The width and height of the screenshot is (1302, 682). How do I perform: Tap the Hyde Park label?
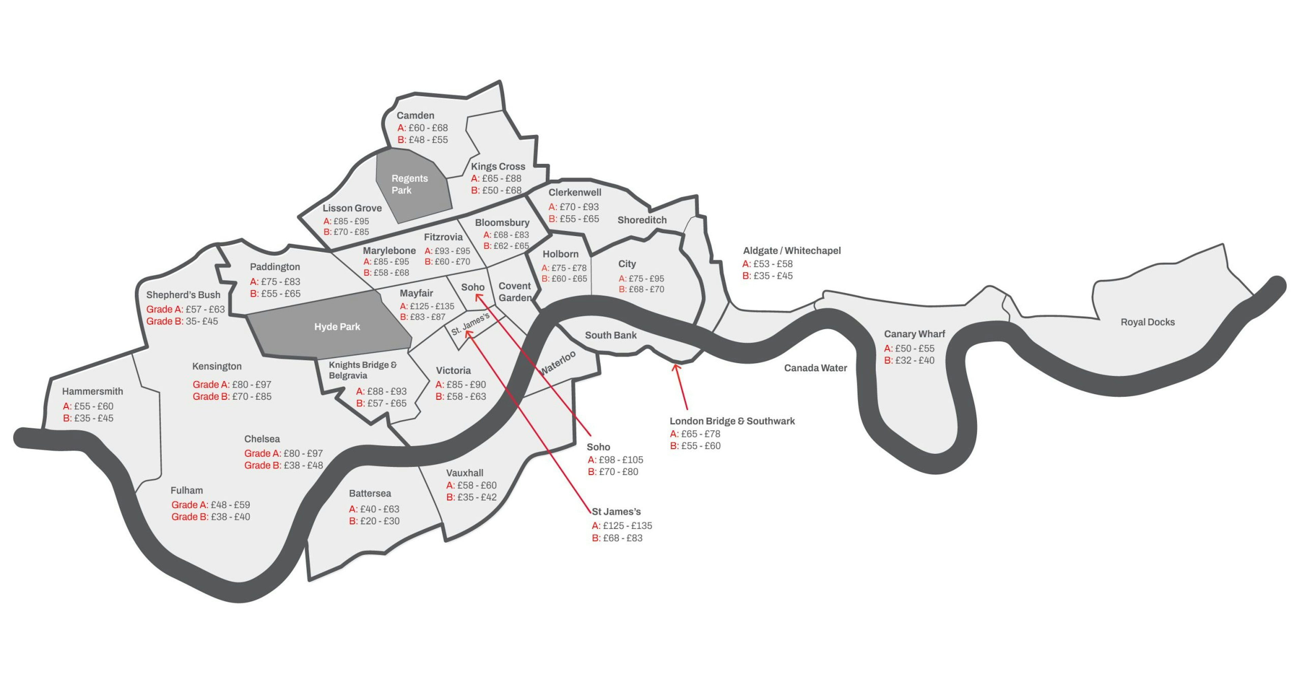(337, 327)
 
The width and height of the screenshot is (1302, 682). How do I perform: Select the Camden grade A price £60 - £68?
(422, 128)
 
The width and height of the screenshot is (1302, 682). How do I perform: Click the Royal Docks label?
(1147, 322)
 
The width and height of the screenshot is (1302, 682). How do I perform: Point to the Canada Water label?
(815, 368)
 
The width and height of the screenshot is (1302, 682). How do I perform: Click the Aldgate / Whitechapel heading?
(791, 250)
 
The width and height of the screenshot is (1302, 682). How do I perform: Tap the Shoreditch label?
(642, 220)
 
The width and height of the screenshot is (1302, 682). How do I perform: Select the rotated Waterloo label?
(557, 362)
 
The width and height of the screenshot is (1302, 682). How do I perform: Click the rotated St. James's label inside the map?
(470, 324)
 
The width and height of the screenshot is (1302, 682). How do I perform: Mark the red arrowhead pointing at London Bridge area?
(676, 367)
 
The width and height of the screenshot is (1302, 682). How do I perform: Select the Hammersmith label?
(93, 392)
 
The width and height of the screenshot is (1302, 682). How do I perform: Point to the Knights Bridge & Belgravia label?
(362, 370)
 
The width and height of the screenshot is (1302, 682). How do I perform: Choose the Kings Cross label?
(498, 166)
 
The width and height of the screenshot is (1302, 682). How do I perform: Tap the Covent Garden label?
(515, 292)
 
